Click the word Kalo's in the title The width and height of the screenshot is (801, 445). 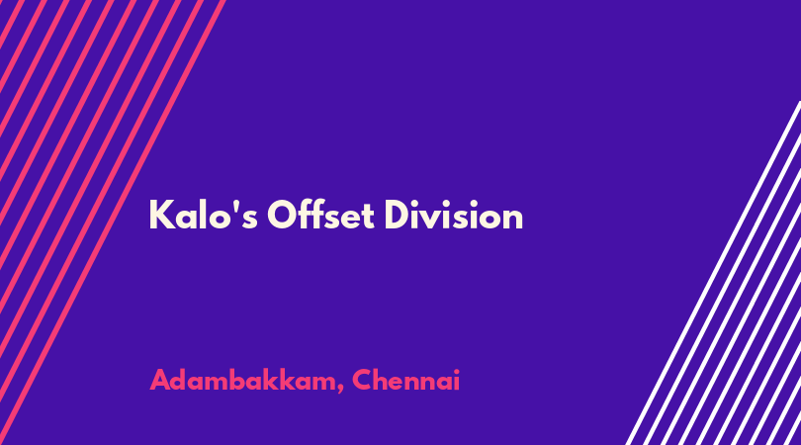coord(204,215)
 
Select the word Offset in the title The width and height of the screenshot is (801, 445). coord(320,215)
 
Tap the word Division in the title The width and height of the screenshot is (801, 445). coord(454,215)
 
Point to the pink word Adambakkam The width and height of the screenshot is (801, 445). coord(242,380)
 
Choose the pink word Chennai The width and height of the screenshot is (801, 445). coord(406,380)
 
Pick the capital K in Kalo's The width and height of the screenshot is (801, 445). coord(161,216)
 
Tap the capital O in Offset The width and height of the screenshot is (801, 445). coord(283,216)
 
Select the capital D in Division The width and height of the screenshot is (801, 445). coord(398,216)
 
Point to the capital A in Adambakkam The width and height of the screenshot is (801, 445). coord(160,380)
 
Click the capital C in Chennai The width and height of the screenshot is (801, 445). coord(362,380)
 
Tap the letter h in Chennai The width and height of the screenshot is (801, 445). coord(383,380)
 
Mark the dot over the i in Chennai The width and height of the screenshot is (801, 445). coord(456,371)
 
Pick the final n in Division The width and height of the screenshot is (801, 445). coord(513,220)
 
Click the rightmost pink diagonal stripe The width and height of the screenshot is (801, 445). coord(112,222)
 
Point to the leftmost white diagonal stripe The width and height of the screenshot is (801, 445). coord(713,273)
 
